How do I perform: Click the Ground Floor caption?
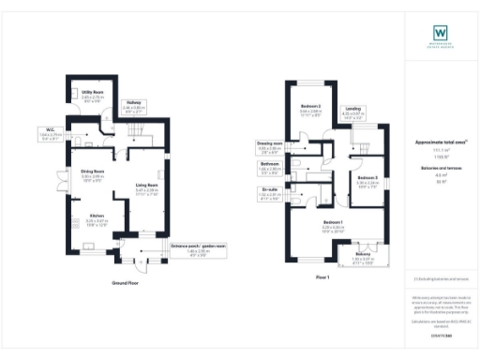pyautogui.click(x=126, y=281)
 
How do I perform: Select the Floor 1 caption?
pyautogui.click(x=322, y=278)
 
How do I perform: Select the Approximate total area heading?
pyautogui.click(x=440, y=142)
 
